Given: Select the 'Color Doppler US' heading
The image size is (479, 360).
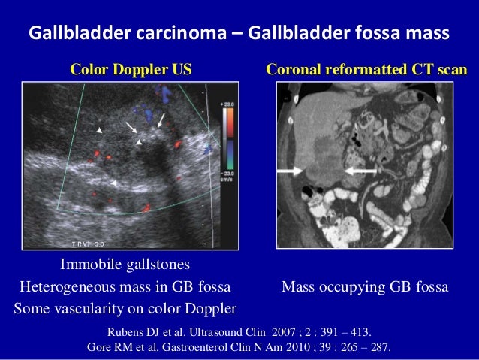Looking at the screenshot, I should coord(131,70).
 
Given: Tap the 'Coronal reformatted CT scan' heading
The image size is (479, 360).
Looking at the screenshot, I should coord(366,70).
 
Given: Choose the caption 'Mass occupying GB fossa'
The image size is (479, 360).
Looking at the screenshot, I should coord(364,286).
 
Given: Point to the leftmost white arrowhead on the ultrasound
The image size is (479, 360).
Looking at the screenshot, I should coord(98,132).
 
